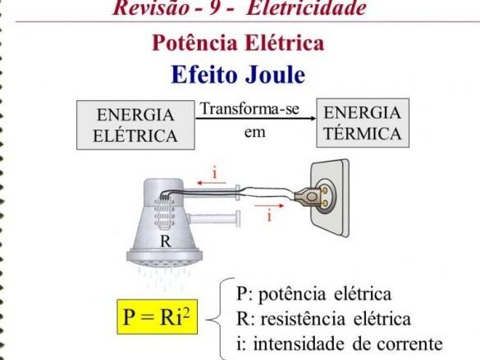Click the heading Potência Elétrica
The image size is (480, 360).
coord(238,43)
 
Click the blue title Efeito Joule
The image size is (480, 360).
coord(238,75)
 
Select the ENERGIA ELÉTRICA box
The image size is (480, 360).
coord(135,125)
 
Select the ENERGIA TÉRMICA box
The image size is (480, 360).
coord(363,123)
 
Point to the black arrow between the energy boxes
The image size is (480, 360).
coord(256,118)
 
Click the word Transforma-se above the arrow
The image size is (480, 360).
coord(249,108)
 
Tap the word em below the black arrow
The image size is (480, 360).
coord(254,133)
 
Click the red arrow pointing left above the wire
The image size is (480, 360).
coord(212,183)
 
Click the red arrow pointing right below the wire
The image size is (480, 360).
coord(269,206)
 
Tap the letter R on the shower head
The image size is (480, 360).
coord(166,241)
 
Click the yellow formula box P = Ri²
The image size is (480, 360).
coord(157,317)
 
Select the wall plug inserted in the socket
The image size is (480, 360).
coord(311,196)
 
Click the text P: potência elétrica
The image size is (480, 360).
coord(313,294)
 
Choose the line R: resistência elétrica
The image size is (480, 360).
coord(323,319)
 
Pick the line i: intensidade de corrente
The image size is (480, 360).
coord(340,344)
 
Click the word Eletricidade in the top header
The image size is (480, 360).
coord(306,7)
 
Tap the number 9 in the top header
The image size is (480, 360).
coord(214,7)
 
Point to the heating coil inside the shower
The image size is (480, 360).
coord(165,212)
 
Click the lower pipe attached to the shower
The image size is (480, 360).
coord(213,218)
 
